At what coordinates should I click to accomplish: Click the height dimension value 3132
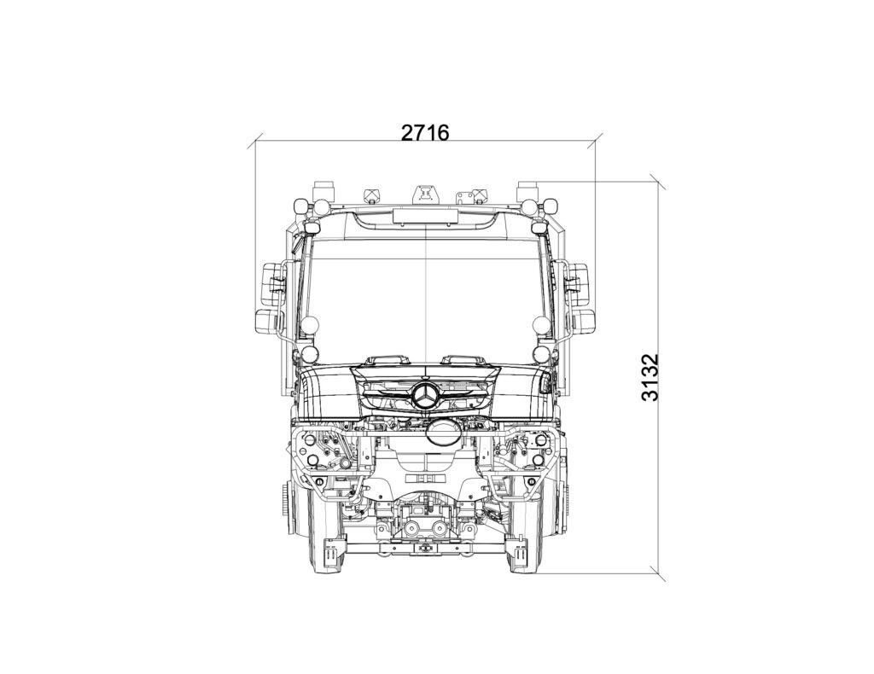[x=650, y=377]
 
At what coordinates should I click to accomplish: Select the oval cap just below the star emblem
[x=443, y=432]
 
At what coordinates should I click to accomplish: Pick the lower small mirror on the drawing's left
[x=269, y=322]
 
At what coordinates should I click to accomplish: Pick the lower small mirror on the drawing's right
[x=581, y=322]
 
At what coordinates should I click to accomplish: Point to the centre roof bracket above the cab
[x=426, y=195]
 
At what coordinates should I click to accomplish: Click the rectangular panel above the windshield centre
[x=425, y=216]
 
